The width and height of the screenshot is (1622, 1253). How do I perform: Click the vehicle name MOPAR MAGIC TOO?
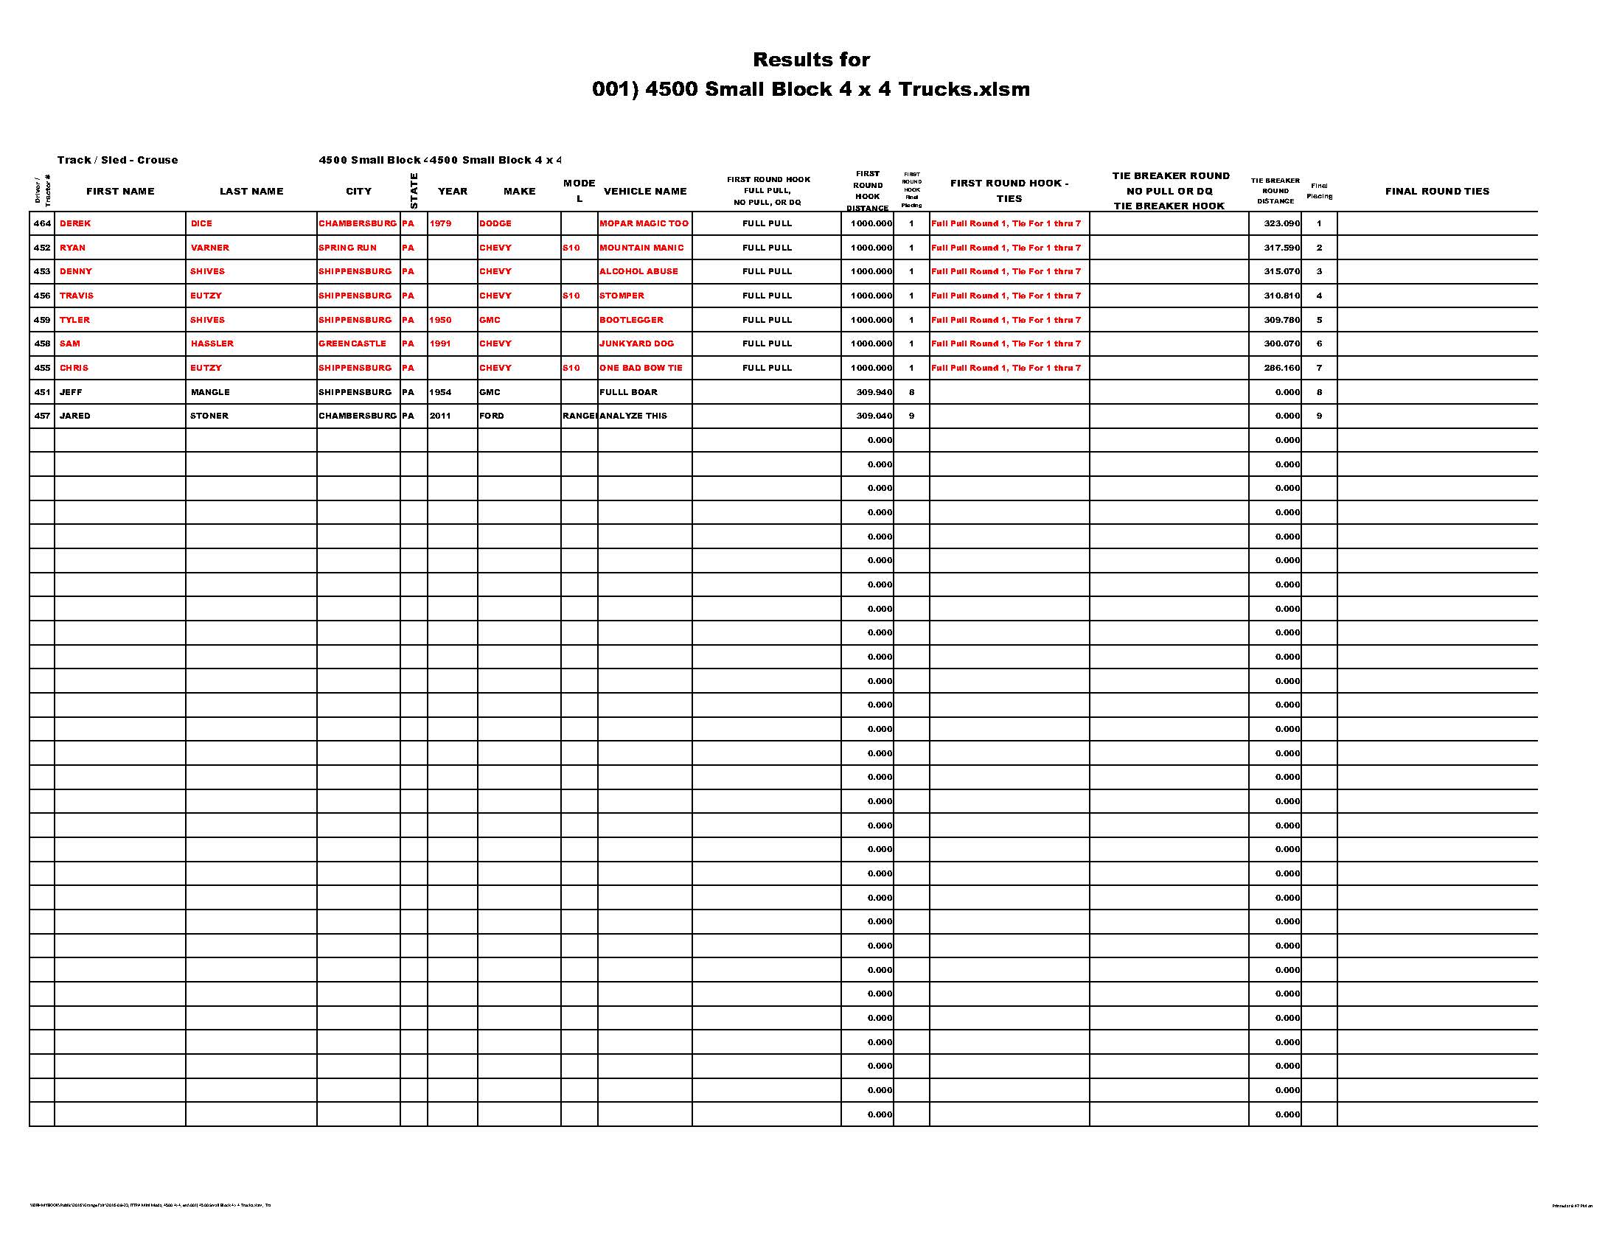pos(644,223)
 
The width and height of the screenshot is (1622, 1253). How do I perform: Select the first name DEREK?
pos(75,223)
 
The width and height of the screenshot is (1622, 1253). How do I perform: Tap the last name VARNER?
pos(209,248)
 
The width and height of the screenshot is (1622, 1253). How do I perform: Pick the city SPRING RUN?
pos(347,248)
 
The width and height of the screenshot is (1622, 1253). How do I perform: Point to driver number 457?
pos(42,416)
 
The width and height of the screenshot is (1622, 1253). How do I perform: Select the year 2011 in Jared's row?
pos(440,416)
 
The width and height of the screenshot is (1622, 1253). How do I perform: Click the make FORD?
pos(492,416)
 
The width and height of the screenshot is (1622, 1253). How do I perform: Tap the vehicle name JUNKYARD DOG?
pos(636,343)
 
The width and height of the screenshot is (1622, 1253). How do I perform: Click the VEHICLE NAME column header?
pos(644,192)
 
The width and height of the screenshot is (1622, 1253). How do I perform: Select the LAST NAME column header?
pos(251,192)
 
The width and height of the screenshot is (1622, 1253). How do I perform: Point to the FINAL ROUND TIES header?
pos(1437,192)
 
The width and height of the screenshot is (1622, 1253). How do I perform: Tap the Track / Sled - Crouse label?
pos(117,161)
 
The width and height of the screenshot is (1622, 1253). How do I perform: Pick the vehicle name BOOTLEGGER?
pos(631,320)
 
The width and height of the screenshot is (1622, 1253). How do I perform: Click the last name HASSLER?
pos(212,343)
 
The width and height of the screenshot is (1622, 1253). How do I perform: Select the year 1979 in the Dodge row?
pos(440,223)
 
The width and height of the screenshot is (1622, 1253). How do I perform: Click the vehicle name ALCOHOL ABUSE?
pos(638,272)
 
